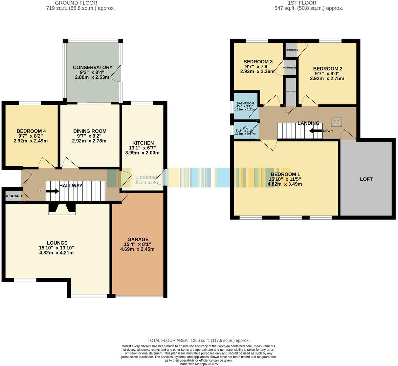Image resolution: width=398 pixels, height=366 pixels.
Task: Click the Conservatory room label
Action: coord(92,67)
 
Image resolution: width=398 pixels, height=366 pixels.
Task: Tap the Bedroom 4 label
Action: coord(31,131)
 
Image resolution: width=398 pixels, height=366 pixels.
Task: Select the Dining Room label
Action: coord(90,131)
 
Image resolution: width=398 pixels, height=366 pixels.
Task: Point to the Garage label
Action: coord(137,239)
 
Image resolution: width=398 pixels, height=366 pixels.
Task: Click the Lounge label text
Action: coord(57,243)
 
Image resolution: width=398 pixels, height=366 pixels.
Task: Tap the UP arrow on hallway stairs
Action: coord(52,191)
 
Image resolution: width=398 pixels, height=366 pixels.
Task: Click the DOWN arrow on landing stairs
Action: coord(315,131)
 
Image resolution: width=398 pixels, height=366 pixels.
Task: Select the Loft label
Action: coord(366,179)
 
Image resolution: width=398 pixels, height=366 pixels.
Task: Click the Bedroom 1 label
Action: coord(284,174)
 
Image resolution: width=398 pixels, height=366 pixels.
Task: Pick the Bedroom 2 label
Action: coord(327,68)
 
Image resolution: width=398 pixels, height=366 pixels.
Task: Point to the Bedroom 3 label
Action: coord(258,62)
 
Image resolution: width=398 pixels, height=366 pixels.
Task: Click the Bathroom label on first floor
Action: coord(245,103)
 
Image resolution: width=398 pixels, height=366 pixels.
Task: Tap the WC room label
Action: coord(245,128)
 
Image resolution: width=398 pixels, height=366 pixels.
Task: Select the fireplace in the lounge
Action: coord(62,208)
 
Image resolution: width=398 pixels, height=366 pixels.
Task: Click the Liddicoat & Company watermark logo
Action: coord(146,179)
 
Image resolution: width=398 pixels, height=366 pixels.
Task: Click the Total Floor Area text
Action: coord(198,340)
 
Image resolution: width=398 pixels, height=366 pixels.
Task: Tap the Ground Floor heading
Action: coord(80,3)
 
